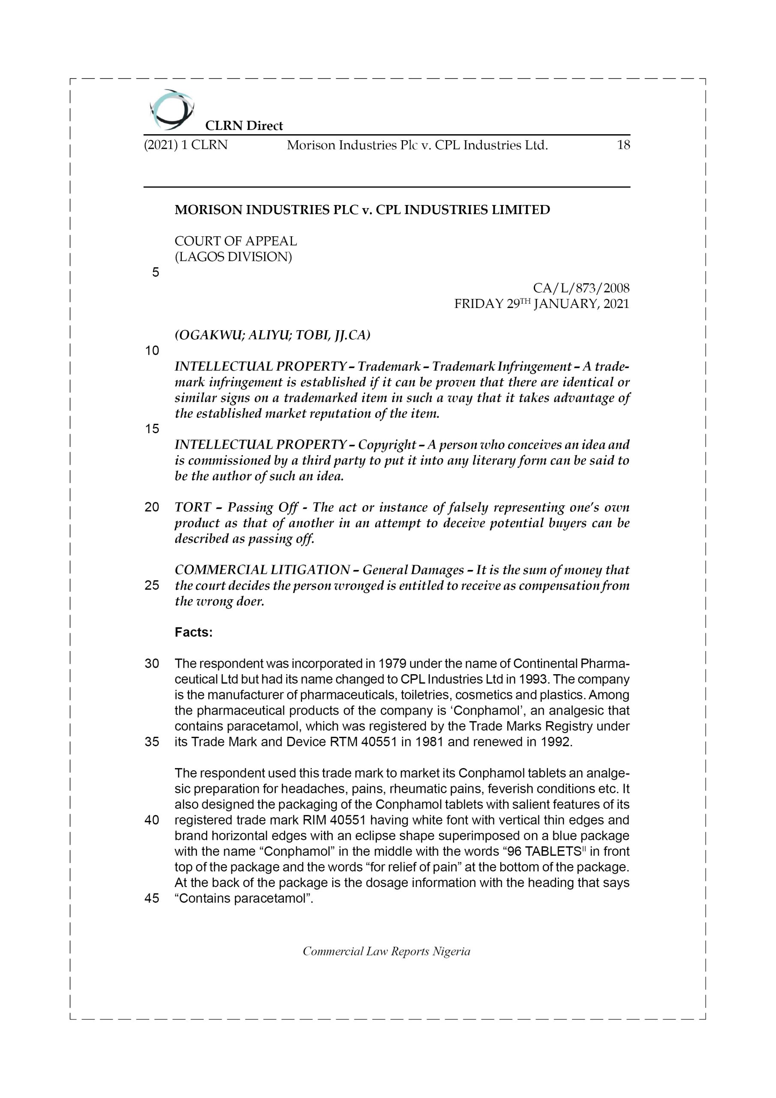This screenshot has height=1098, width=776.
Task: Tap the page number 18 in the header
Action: pos(623,145)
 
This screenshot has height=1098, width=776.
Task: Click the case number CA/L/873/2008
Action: pos(581,288)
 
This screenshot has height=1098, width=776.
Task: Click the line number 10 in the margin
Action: pos(152,350)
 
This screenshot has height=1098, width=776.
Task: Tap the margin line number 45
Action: pos(152,898)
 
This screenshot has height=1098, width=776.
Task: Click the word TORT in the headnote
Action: pos(192,507)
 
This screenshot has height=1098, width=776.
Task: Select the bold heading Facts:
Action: pos(193,632)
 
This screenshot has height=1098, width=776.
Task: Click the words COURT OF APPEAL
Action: pos(235,241)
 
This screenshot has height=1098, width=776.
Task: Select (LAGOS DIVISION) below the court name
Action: pos(233,257)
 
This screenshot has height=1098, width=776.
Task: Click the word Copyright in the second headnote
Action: pos(386,445)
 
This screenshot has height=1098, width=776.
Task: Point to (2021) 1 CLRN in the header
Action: pos(186,145)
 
